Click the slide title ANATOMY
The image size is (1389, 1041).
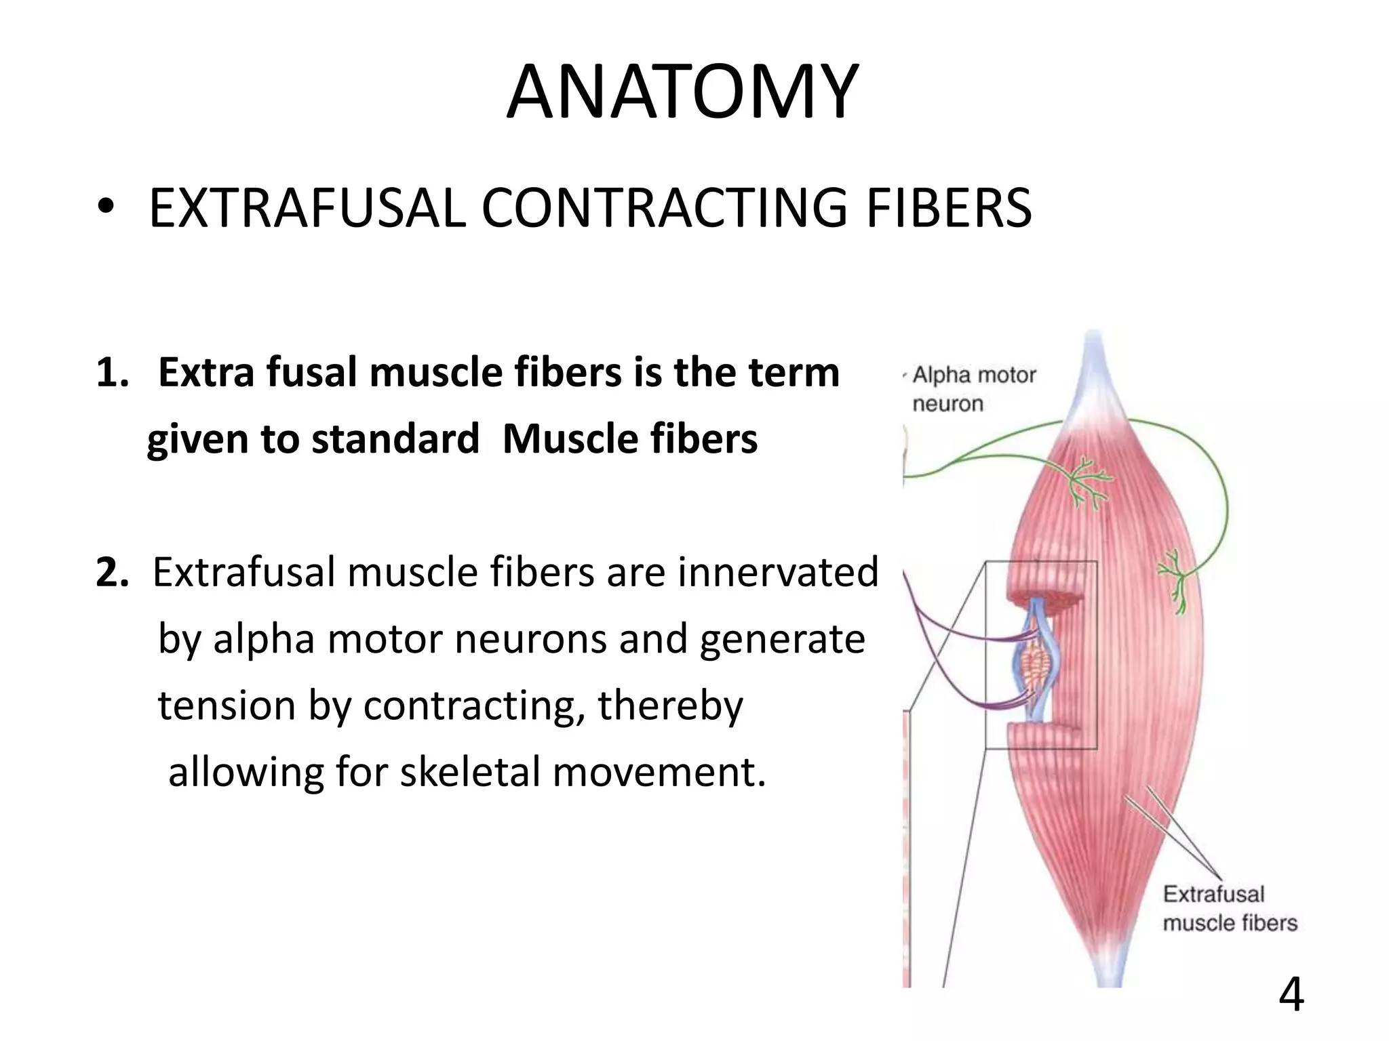(682, 92)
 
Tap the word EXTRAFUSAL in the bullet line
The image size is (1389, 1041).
(307, 208)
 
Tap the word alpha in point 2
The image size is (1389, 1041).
(263, 639)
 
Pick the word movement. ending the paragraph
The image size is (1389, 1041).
(659, 772)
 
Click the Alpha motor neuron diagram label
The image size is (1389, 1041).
(974, 389)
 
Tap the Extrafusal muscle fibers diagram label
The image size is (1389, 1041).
(1229, 908)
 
